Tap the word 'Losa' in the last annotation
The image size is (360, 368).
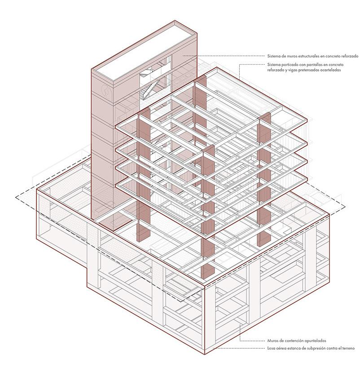pyautogui.click(x=272, y=349)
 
